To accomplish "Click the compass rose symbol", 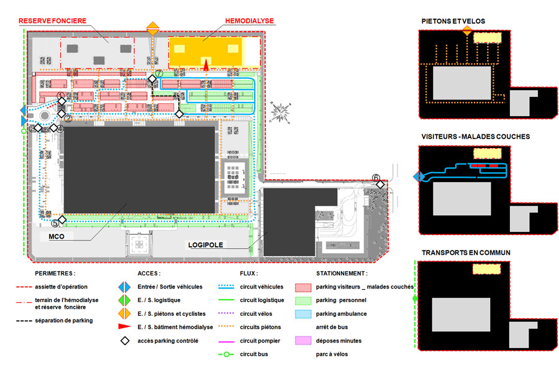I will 281,111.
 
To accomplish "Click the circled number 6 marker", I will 376,177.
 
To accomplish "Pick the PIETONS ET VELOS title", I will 453,21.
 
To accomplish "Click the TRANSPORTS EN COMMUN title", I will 466,253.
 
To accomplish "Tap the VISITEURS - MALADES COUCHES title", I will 475,137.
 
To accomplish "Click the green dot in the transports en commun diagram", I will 415,300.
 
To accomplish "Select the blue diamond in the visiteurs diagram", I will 418,177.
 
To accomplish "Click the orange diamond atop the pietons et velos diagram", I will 466,30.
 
